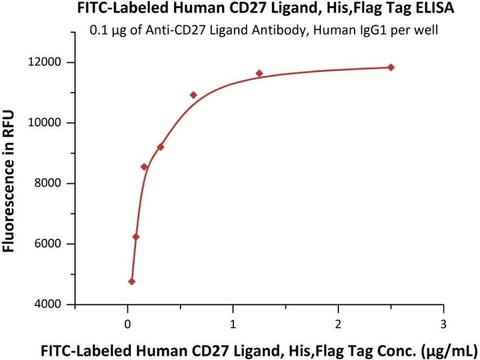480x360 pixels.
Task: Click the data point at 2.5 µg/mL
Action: click(x=391, y=67)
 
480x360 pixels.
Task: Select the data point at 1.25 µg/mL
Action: click(x=259, y=73)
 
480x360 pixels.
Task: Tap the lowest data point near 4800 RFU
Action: click(x=132, y=281)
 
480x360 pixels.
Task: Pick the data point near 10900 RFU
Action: click(x=193, y=95)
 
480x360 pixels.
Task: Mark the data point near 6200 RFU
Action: click(x=136, y=236)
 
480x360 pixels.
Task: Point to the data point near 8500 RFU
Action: click(x=144, y=166)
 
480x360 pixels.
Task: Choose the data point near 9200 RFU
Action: click(x=160, y=147)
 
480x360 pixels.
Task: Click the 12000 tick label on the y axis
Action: click(x=47, y=62)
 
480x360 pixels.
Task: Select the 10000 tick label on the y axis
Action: click(x=47, y=123)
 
